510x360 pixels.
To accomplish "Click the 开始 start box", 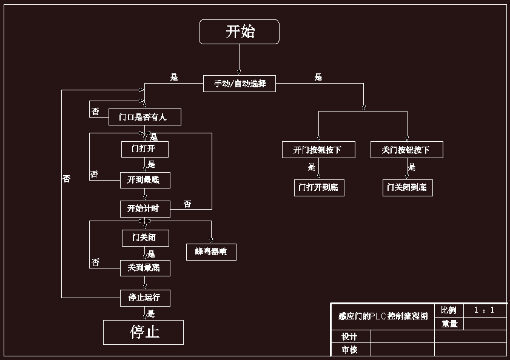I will [x=239, y=32].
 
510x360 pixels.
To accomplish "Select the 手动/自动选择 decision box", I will [x=240, y=83].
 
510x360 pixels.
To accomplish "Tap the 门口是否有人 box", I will [x=145, y=117].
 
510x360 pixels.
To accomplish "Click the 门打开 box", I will [x=144, y=148].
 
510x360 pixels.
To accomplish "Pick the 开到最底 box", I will [x=144, y=180].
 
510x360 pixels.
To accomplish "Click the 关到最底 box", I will [x=144, y=267].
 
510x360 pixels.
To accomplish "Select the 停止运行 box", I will [x=144, y=298].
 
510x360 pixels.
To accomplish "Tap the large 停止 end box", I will [x=143, y=332].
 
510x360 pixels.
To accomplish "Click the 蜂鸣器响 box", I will [x=211, y=252].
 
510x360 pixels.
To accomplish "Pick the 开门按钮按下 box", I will [x=318, y=150].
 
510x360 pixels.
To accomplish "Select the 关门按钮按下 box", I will [x=407, y=150].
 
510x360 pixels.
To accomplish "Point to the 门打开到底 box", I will [x=318, y=187].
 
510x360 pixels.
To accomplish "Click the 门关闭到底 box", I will [x=408, y=187].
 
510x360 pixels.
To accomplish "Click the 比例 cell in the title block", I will [x=449, y=310].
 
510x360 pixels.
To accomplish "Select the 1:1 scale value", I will [x=485, y=310].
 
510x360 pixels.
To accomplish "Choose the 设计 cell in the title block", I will [x=350, y=336].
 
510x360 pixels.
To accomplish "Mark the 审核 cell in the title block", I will [x=350, y=350].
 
